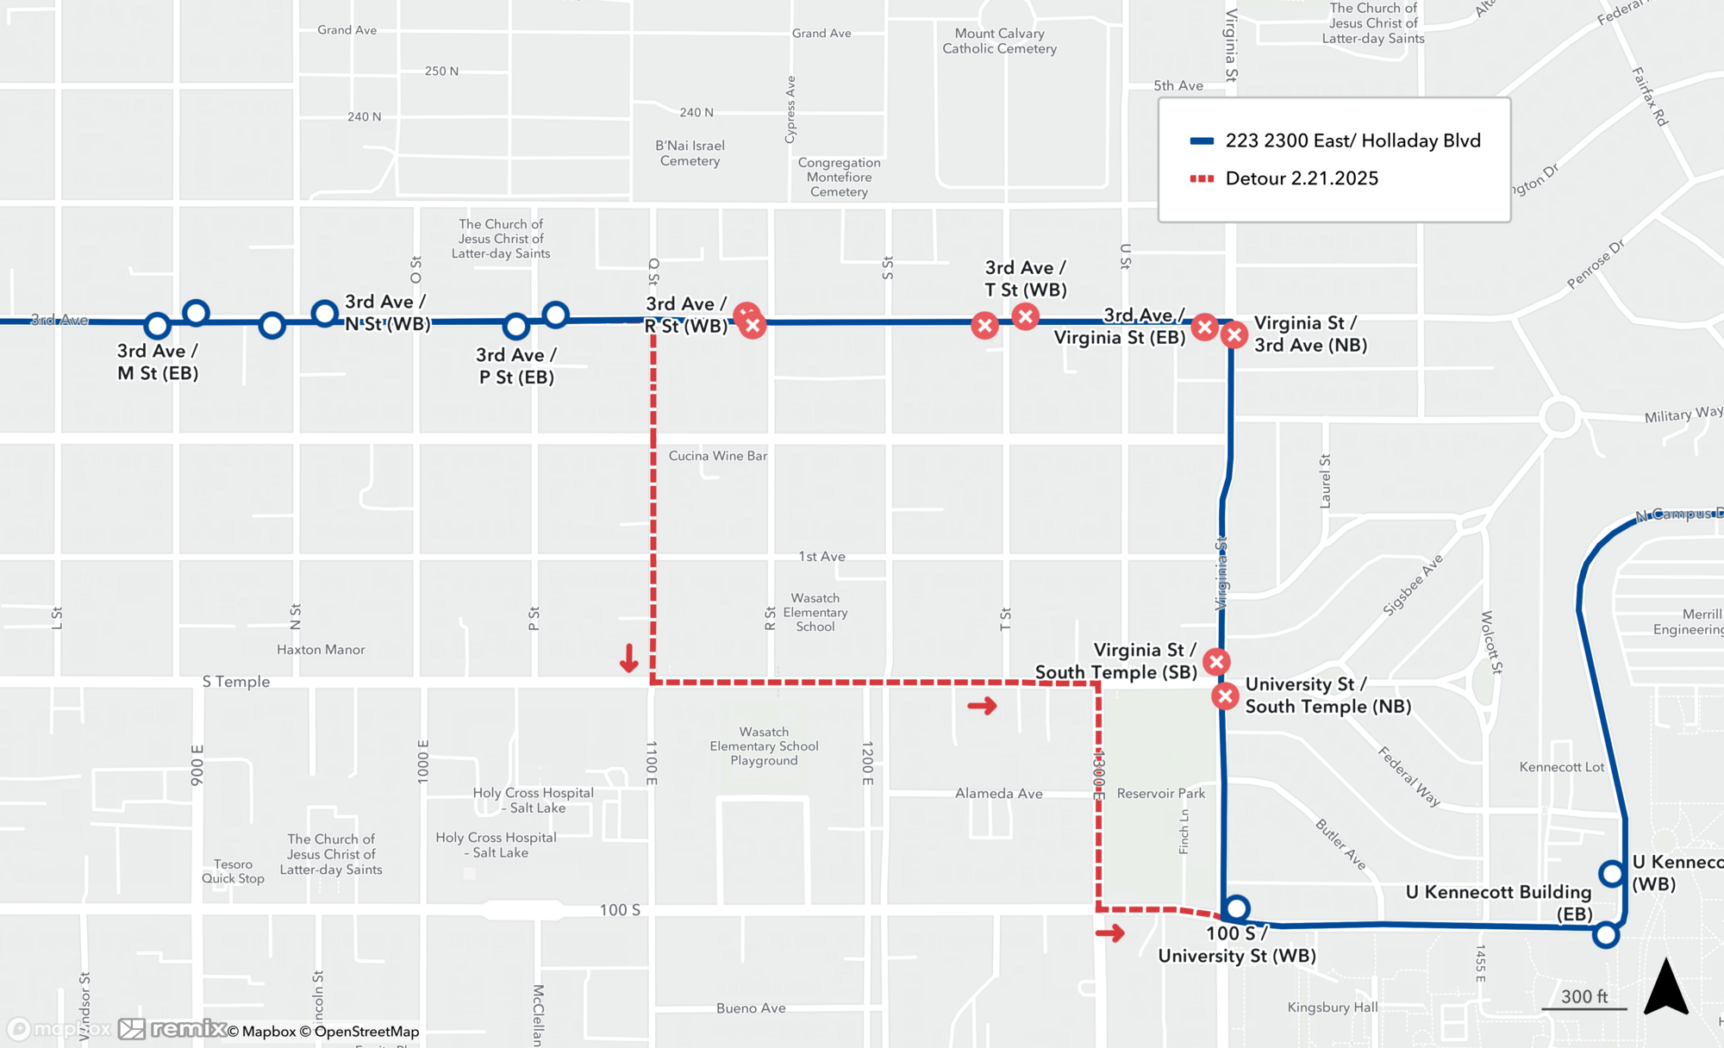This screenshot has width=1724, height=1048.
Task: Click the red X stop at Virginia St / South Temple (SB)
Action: click(1216, 662)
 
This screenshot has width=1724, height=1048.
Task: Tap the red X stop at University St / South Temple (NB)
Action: click(1225, 696)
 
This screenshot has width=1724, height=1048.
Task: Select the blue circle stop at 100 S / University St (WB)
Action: click(1237, 908)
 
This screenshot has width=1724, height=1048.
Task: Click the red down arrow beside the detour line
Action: click(629, 658)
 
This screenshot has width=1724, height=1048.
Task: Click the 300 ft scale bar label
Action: click(1583, 996)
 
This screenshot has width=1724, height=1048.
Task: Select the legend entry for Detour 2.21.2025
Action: click(1302, 178)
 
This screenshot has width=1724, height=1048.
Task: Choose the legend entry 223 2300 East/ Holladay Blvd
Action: click(1352, 140)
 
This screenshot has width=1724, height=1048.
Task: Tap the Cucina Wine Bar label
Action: click(717, 456)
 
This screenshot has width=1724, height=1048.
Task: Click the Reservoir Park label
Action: click(1160, 793)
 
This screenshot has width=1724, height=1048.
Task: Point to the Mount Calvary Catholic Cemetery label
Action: click(999, 41)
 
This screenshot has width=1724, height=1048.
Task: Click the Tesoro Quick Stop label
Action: click(233, 871)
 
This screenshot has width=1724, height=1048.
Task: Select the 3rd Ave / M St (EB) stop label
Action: click(158, 362)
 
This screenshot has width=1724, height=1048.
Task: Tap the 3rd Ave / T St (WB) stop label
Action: click(1026, 278)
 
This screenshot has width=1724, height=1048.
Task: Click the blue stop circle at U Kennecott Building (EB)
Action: click(1606, 934)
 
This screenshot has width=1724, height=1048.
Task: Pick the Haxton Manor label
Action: click(321, 650)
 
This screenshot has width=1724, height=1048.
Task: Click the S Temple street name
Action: click(236, 682)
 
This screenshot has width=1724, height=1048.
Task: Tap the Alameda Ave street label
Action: click(998, 794)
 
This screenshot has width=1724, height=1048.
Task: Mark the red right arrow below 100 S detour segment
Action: click(1110, 933)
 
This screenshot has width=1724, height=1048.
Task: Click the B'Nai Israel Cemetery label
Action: click(690, 153)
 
